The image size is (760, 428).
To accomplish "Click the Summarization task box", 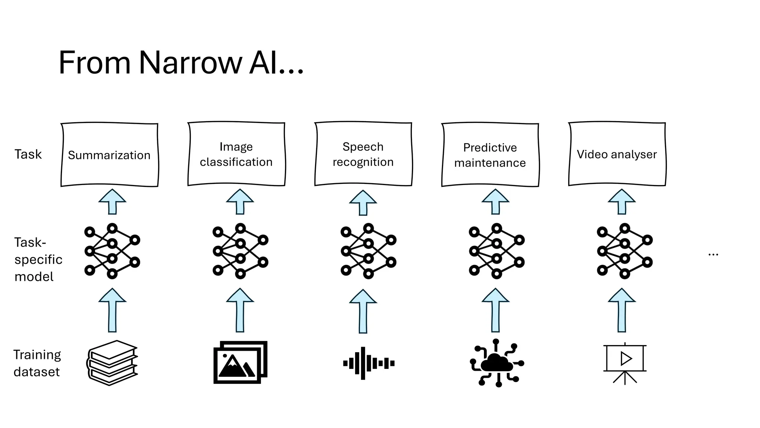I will (x=109, y=155).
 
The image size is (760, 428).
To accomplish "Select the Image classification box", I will (x=236, y=154).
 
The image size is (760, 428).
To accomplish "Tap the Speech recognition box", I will (x=363, y=154).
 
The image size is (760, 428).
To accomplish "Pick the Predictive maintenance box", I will (x=490, y=155).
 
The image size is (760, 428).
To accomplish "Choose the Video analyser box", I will (x=617, y=154).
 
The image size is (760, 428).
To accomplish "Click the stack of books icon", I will (x=112, y=363).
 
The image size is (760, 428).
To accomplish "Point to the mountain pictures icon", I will (x=240, y=362).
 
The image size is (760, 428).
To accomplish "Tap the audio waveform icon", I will (x=368, y=363).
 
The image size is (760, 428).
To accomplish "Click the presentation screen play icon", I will (x=625, y=363).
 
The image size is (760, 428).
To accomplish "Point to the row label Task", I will (x=28, y=154).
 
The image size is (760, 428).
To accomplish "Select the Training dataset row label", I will (x=37, y=363).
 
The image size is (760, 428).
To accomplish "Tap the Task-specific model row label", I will (x=38, y=259).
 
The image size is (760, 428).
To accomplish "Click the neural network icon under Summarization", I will (x=112, y=251).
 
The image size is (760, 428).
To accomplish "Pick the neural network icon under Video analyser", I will (x=625, y=251).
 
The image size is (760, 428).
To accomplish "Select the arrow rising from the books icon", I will (x=112, y=310).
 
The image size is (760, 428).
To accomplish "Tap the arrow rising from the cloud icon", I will (x=495, y=310).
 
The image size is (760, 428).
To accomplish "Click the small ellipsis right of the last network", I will (x=713, y=254).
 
